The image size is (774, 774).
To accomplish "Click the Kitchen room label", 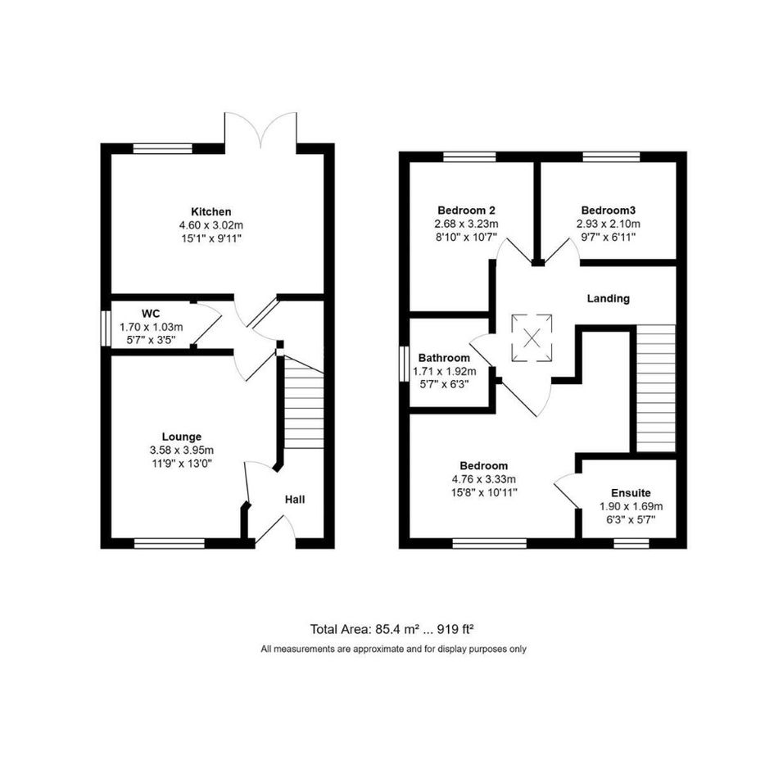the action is (210, 212).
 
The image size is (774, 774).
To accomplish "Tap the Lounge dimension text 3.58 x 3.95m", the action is (182, 450).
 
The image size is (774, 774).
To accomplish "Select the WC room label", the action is (151, 314).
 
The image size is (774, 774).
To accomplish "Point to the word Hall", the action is (295, 500).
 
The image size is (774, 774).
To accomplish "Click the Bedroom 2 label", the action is (467, 210).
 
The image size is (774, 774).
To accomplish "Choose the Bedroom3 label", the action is (608, 210).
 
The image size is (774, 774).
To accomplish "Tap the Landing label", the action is (608, 299).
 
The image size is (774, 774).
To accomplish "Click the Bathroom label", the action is (444, 358).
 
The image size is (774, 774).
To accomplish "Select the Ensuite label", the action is (631, 492).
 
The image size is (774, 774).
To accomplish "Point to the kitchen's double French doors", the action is (260, 130).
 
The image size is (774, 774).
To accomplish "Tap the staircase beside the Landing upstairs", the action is (655, 388).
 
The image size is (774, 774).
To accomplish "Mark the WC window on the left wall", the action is (105, 328).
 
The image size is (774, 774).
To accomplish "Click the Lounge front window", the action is (169, 544).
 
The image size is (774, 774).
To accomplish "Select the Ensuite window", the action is (631, 544).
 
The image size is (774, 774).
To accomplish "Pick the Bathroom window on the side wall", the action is (404, 364).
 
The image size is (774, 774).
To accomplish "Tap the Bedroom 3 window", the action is (611, 157).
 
